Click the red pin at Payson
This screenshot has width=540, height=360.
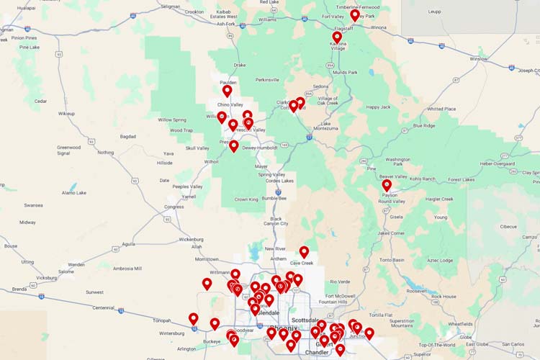pyautogui.click(x=387, y=185)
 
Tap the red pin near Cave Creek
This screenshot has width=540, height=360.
pyautogui.click(x=304, y=252)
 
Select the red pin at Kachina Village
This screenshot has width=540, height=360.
pyautogui.click(x=337, y=37)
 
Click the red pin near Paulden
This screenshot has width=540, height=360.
pyautogui.click(x=227, y=91)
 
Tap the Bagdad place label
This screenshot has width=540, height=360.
pyautogui.click(x=128, y=135)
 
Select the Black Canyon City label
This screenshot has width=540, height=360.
pyautogui.click(x=274, y=222)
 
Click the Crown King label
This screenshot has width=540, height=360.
pyautogui.click(x=246, y=199)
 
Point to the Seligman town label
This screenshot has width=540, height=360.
pyautogui.click(x=171, y=6)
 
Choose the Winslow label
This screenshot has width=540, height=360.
pyautogui.click(x=479, y=58)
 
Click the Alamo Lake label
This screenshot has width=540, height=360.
pyautogui.click(x=74, y=193)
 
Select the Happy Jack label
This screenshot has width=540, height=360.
pyautogui.click(x=378, y=107)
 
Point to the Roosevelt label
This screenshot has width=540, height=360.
pyautogui.click(x=416, y=291)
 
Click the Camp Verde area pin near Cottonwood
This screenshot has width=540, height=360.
pyautogui.click(x=300, y=103)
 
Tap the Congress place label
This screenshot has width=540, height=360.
pyautogui.click(x=174, y=207)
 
